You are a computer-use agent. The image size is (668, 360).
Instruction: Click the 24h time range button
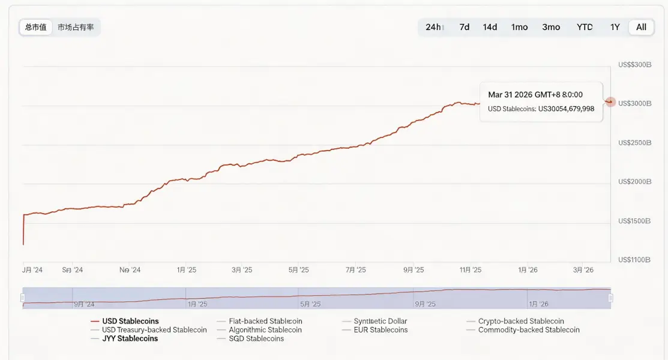435,27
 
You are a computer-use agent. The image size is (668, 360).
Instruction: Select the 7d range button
464,27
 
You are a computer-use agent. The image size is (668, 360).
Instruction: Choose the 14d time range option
490,27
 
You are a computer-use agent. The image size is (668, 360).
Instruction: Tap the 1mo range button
519,27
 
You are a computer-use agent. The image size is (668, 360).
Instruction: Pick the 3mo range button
551,27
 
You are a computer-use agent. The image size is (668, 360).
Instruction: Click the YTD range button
585,27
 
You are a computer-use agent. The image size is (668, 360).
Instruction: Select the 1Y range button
615,27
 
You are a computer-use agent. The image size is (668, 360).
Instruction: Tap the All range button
641,27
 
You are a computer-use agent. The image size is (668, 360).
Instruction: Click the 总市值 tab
36,27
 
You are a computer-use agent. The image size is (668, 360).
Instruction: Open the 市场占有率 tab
76,27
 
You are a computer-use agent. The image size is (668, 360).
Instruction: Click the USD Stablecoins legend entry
130,322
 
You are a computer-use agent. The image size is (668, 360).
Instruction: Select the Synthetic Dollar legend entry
380,322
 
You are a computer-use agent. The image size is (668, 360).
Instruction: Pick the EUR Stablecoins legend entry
381,330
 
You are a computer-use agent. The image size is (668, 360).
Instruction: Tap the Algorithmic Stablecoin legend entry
265,330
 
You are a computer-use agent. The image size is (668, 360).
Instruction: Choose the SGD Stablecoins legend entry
256,338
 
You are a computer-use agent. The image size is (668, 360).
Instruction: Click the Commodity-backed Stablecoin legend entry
529,330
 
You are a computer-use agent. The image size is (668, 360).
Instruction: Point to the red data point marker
610,102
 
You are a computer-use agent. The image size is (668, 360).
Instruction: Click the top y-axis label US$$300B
634,65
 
